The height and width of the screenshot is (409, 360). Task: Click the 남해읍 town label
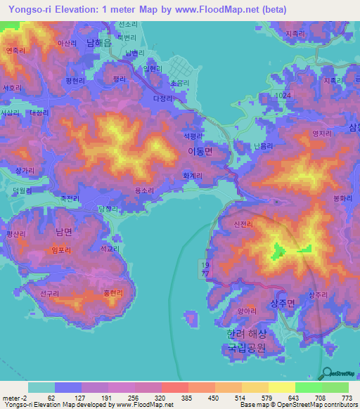(x=99, y=43)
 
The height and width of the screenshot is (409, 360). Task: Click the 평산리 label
(x=15, y=233)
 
